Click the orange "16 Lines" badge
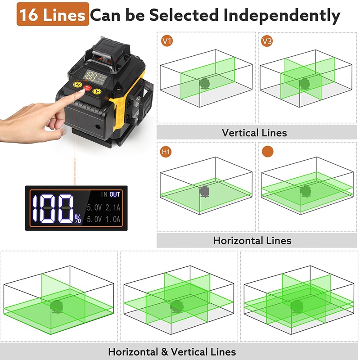click(x=53, y=14)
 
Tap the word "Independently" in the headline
click(x=282, y=16)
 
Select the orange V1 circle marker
click(x=167, y=41)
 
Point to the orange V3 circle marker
click(x=267, y=41)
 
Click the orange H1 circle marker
click(x=166, y=152)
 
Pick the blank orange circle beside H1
click(x=268, y=152)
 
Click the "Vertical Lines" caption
click(x=254, y=133)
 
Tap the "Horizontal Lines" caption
click(x=252, y=241)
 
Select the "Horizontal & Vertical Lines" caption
click(x=172, y=352)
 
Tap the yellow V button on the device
click(x=97, y=91)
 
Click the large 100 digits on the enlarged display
click(x=53, y=209)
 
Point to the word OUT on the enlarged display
click(x=115, y=194)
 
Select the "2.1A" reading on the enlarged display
click(x=113, y=207)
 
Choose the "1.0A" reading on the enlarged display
click(x=113, y=219)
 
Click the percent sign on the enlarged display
click(x=78, y=219)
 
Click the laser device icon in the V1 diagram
click(x=204, y=83)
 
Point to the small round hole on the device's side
click(x=98, y=126)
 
